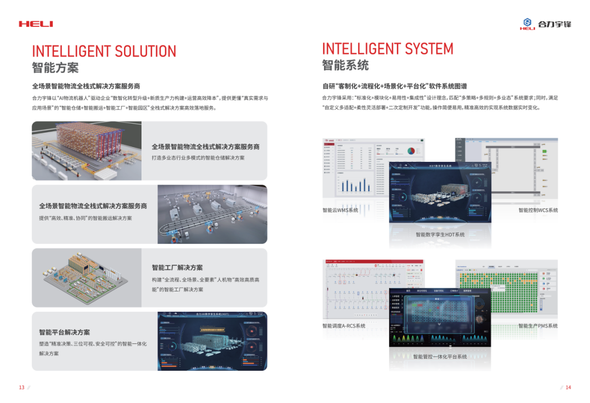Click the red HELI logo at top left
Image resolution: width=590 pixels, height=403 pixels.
[36, 24]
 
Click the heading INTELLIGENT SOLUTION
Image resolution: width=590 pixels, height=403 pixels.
[104, 51]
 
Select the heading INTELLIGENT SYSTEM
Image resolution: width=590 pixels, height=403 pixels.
[387, 49]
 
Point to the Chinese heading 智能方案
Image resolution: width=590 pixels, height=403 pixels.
[55, 68]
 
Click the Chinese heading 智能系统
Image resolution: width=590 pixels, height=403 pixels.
[345, 66]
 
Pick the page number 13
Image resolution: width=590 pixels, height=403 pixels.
[22, 388]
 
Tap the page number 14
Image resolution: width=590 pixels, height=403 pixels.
[568, 388]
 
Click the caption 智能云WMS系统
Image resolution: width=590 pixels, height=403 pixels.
[340, 211]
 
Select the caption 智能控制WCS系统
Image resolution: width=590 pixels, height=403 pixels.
[538, 211]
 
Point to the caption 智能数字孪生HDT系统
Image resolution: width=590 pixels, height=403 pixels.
[440, 235]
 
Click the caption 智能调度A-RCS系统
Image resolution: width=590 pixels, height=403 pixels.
[344, 326]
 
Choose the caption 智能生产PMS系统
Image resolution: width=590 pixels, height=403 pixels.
[538, 326]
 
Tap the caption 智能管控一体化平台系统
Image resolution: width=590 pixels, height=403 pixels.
[440, 357]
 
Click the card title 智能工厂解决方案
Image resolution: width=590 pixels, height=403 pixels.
[177, 268]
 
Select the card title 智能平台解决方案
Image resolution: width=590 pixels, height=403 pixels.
[64, 332]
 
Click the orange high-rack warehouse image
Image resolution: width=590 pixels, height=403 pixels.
[86, 150]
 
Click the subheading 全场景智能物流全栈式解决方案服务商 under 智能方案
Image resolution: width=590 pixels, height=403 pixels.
[86, 86]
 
